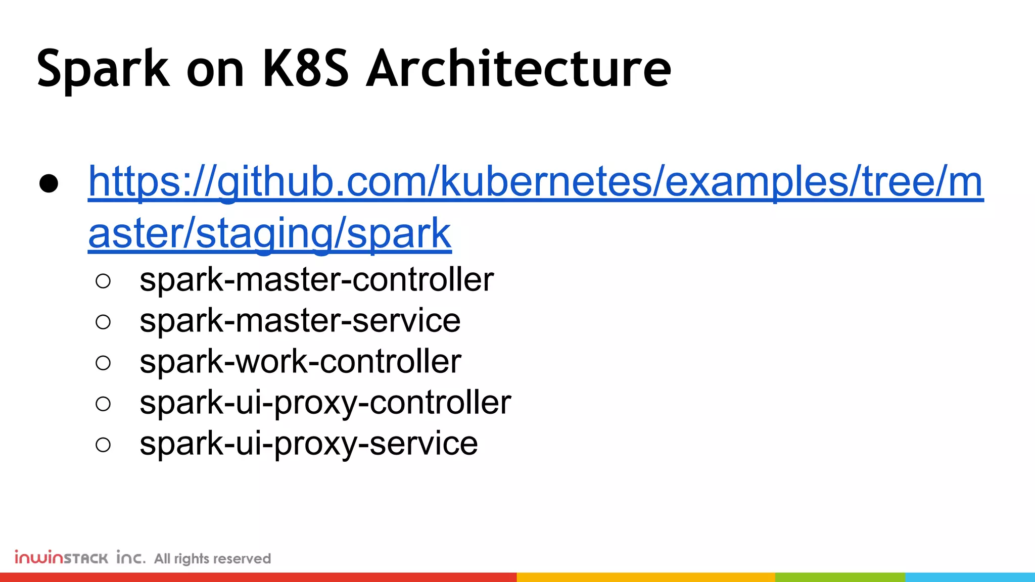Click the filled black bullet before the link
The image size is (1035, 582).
(x=49, y=184)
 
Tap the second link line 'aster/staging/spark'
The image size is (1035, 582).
(x=269, y=233)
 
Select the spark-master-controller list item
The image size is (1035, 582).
(x=316, y=280)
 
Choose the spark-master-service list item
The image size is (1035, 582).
(x=300, y=321)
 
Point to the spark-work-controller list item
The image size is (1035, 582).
(x=300, y=362)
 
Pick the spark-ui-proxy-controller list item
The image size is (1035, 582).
(x=325, y=403)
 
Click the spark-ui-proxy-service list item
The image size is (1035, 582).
(x=308, y=444)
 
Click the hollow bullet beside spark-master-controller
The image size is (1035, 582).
(x=103, y=281)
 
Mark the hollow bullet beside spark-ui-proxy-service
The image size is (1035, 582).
(x=103, y=445)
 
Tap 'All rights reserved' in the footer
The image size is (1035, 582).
(x=212, y=559)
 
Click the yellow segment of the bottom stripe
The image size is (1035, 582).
(x=645, y=577)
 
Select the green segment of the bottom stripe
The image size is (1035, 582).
(x=840, y=577)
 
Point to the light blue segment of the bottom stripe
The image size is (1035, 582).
(x=970, y=577)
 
